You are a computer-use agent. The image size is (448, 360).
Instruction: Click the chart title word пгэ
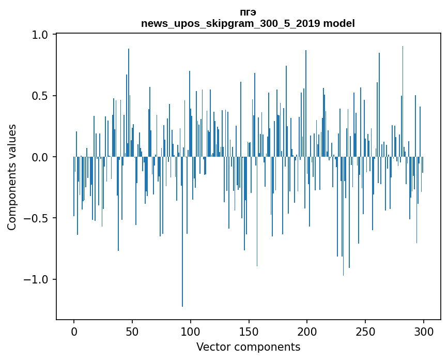click(x=248, y=12)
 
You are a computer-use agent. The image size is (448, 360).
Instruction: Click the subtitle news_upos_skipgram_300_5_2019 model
click(x=248, y=23)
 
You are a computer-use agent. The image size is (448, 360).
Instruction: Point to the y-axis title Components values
click(x=12, y=177)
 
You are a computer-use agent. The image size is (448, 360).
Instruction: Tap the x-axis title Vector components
click(x=248, y=347)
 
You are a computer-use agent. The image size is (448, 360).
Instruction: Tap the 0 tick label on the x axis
click(x=74, y=331)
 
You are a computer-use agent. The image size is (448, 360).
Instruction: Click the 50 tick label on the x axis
click(x=132, y=331)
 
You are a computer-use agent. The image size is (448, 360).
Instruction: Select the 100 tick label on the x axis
click(x=191, y=331)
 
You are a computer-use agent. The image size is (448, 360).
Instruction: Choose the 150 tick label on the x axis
click(x=249, y=331)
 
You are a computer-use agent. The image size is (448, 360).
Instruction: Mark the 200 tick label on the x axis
click(x=307, y=331)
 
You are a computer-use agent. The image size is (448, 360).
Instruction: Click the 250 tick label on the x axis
click(x=365, y=331)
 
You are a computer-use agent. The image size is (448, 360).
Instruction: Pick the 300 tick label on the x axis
click(x=424, y=331)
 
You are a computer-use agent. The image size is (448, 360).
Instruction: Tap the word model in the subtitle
click(x=341, y=23)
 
